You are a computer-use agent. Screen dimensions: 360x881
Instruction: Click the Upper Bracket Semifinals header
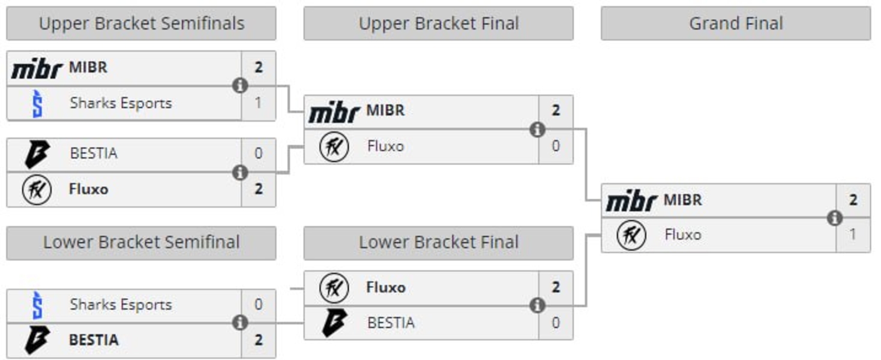141,23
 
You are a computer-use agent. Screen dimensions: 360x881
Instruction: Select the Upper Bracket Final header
438,23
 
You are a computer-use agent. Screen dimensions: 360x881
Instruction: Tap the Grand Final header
735,23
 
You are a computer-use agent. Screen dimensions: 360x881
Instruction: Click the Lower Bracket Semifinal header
141,242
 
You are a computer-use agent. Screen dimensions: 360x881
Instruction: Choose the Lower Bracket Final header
438,242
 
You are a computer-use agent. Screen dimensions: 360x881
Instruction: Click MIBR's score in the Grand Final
853,200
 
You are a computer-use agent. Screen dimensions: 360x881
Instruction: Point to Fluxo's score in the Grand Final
853,234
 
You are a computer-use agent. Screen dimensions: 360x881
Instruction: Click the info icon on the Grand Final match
834,218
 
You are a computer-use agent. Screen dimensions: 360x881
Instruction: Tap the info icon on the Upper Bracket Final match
537,129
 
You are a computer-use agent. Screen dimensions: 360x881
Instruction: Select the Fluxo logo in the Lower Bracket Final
334,287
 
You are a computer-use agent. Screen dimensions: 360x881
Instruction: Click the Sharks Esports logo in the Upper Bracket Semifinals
37,103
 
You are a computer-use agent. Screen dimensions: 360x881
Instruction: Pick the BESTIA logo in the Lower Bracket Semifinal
37,340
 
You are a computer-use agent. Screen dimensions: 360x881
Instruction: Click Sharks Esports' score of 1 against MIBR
258,103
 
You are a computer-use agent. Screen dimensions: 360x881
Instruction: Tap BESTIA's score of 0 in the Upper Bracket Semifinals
258,154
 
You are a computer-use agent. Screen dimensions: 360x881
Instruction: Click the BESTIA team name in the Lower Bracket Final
391,323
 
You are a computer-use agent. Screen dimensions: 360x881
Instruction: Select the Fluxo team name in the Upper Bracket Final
385,146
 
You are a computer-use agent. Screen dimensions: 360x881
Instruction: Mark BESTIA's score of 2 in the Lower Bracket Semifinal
258,340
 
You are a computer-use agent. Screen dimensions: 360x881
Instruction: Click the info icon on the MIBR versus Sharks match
240,85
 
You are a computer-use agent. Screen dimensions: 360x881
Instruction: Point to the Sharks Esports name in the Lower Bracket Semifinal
121,305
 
